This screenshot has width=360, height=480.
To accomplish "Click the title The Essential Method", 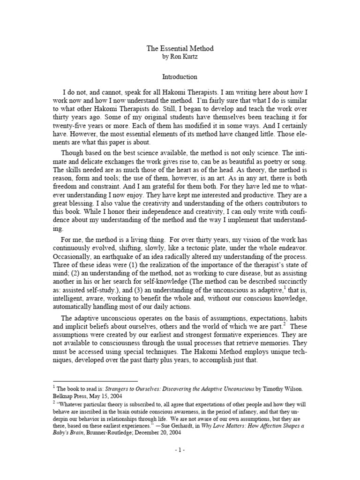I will [180, 48].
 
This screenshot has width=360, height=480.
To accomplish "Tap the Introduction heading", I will [180, 76].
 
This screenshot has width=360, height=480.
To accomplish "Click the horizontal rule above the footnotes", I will [95, 382].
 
